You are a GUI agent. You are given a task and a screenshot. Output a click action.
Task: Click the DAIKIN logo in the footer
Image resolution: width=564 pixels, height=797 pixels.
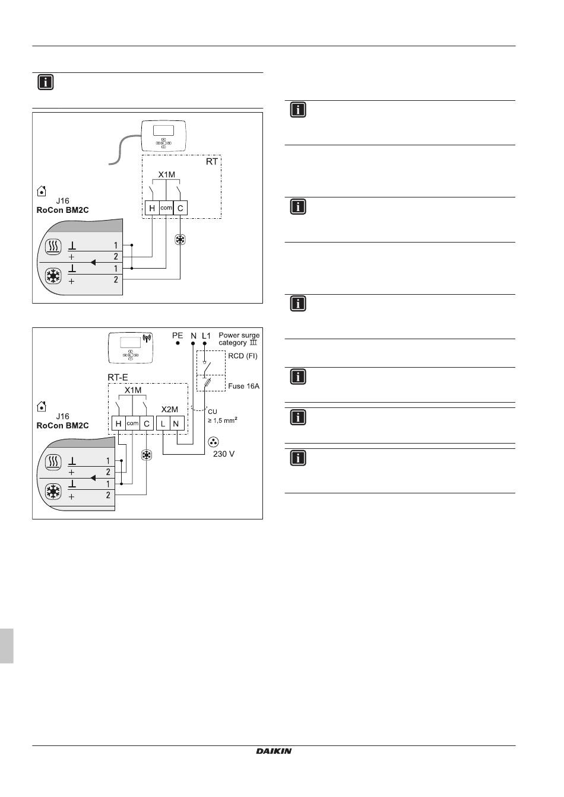point(274,751)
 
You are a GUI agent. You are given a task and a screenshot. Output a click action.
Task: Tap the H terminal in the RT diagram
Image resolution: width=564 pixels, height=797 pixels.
point(152,208)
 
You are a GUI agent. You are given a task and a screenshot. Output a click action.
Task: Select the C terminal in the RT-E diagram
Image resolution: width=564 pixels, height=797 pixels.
point(147,424)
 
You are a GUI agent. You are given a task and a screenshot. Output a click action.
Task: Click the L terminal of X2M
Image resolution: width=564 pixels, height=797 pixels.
point(163,424)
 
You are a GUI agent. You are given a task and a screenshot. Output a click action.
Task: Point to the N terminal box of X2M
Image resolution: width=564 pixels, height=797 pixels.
point(177,424)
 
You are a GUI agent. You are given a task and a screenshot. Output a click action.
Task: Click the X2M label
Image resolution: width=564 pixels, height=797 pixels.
point(170,409)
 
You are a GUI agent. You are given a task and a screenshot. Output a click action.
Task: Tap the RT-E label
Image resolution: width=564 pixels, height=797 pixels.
point(118,377)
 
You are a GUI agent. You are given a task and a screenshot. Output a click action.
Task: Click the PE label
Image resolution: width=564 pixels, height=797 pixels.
point(178,336)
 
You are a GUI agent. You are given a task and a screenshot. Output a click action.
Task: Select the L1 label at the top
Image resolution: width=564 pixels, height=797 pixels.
point(205,336)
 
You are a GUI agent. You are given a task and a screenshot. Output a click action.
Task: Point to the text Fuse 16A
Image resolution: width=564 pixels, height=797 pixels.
point(244,386)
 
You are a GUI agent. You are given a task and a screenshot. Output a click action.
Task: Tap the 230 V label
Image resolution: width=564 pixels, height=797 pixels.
point(224,454)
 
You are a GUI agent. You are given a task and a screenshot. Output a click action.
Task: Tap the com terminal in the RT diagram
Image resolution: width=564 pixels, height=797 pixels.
point(166,208)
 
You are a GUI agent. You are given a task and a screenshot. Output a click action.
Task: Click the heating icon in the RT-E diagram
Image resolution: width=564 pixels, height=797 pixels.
point(53,462)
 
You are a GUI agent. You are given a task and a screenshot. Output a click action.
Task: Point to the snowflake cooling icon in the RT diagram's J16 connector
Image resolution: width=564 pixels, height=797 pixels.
point(54,276)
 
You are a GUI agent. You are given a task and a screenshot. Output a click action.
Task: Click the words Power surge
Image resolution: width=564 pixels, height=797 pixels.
point(239,335)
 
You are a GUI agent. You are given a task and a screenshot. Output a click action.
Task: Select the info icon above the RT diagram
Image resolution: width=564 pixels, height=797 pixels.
point(46,82)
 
